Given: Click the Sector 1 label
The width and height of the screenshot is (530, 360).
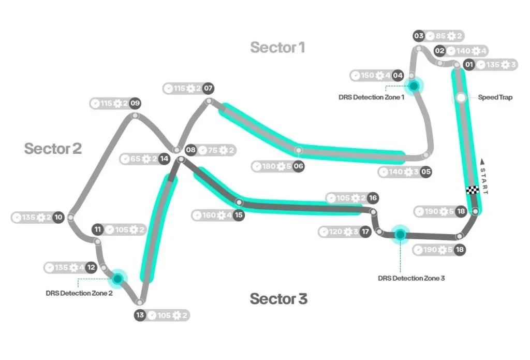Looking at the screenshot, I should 277,48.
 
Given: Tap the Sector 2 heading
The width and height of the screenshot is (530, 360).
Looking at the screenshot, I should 53,149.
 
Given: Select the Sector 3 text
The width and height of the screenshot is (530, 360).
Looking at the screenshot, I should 278,299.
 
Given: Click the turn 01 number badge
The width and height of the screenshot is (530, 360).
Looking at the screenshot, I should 469,65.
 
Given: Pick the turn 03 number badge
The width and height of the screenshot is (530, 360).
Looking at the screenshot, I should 419,36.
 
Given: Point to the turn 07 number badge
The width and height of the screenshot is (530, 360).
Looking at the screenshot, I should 208,89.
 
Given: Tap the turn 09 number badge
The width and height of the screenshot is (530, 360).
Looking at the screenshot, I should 135,103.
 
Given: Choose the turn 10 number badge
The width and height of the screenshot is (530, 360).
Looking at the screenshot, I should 58,218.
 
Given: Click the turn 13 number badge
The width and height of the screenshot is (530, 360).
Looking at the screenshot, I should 140,315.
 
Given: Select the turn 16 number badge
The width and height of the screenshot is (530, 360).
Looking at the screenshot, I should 373,198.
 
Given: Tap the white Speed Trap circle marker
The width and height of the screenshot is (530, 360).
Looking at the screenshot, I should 461,97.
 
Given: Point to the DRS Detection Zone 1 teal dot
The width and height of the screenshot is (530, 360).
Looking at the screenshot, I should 414,86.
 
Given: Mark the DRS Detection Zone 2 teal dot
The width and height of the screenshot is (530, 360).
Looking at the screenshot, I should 118,279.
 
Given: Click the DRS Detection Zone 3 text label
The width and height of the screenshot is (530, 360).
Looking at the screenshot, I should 411,278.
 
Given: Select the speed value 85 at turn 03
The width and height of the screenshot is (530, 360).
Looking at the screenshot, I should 441,36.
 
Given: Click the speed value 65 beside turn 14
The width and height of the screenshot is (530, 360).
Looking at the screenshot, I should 136,159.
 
